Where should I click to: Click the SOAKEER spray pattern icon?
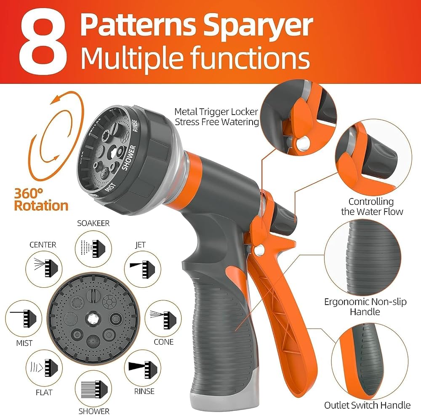tap(93, 249)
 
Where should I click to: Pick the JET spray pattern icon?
tap(143, 269)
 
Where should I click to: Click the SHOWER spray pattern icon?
tap(93, 389)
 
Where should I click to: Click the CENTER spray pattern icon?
tap(44, 269)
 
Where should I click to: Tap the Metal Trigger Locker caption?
tap(216, 117)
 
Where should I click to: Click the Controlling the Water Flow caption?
tap(372, 206)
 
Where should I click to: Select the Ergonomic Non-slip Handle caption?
tap(365, 307)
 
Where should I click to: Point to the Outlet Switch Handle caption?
tap(367, 405)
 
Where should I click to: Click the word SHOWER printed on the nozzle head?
tap(129, 158)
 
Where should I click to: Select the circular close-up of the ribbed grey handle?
tap(363, 258)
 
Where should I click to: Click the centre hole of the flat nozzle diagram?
tap(93, 319)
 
